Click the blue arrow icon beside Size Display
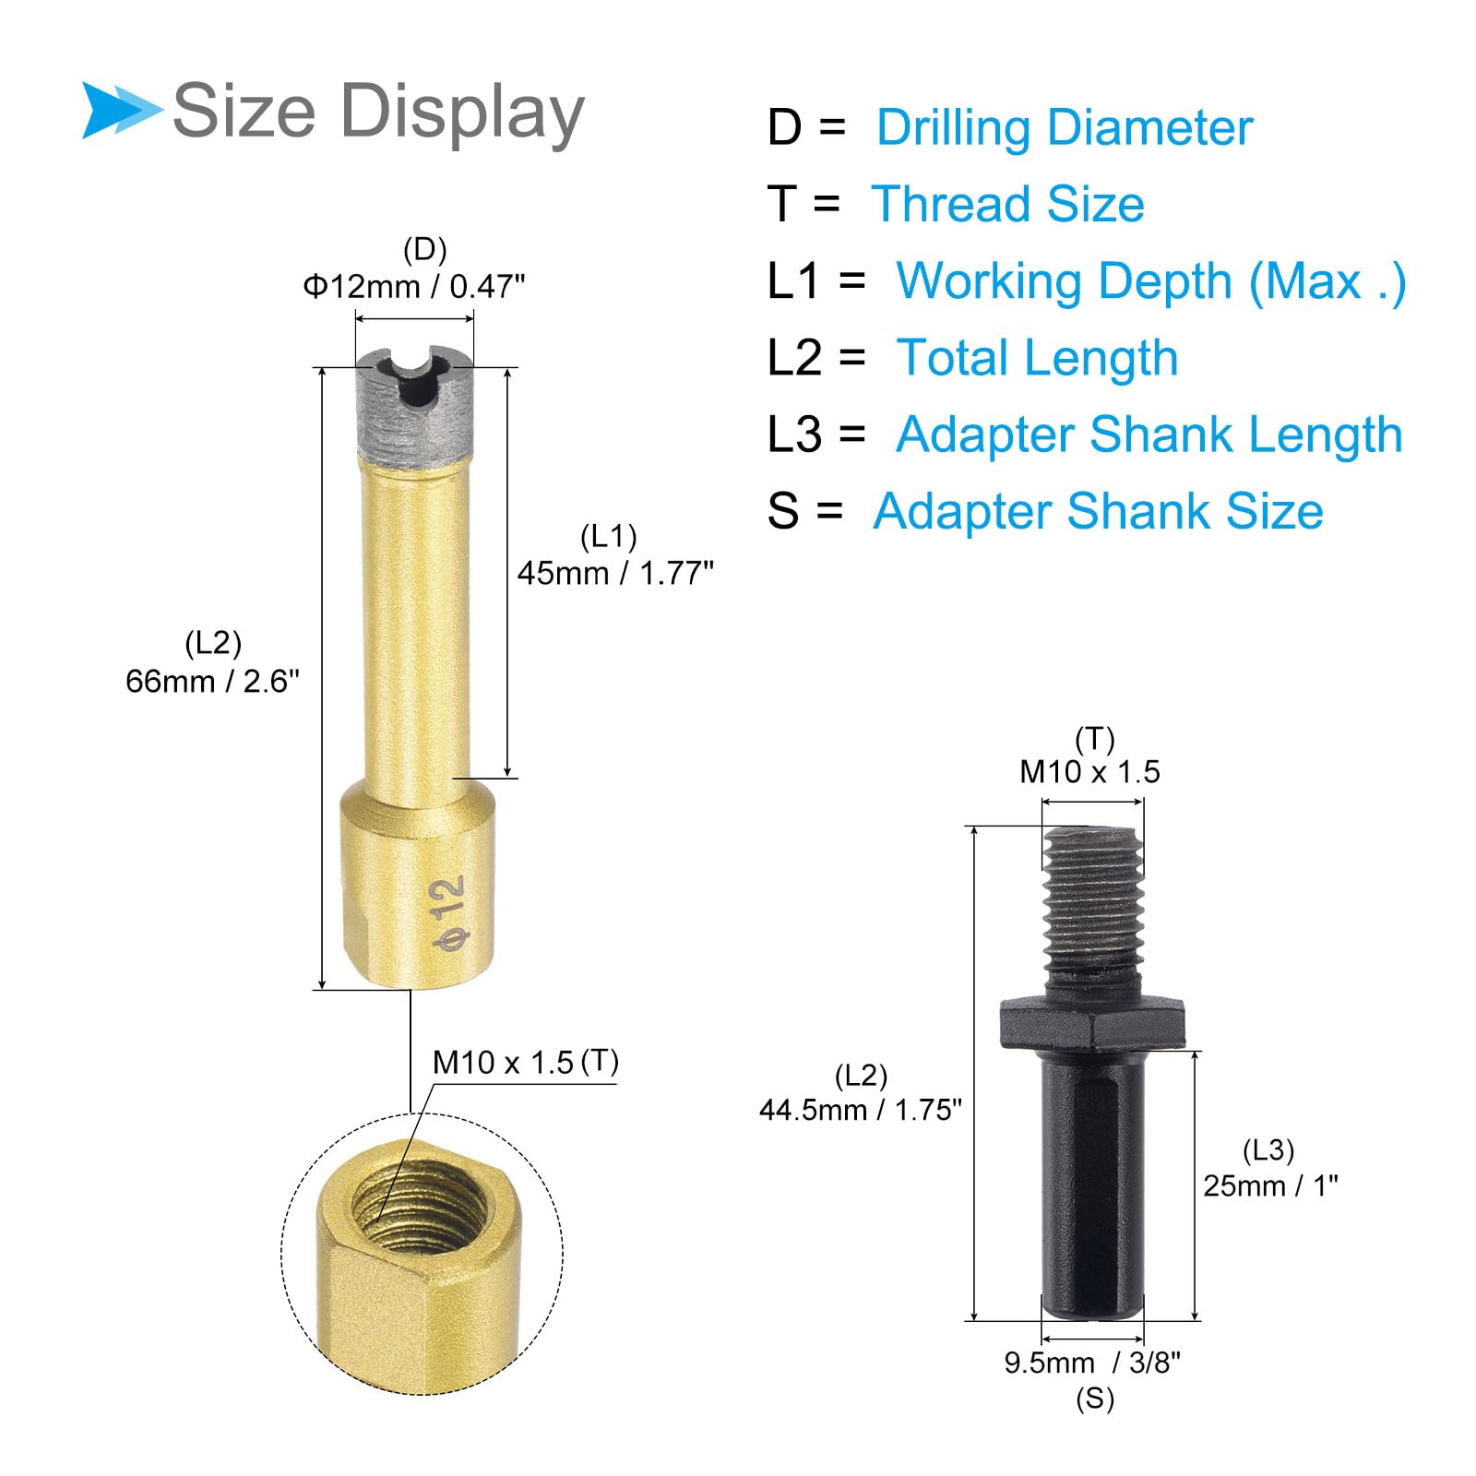120,111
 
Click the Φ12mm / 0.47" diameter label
414,287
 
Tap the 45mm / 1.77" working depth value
615,573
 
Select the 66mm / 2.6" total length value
212,681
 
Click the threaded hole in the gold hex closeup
421,1205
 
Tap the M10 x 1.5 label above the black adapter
1089,771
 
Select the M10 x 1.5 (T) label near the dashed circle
525,1062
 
